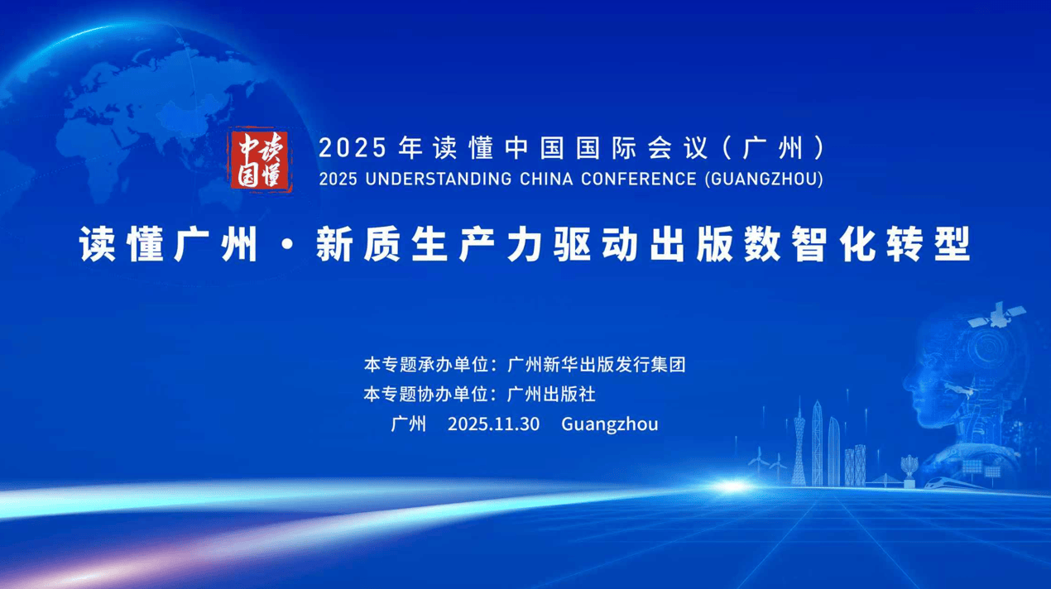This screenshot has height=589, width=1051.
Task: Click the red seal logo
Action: point(261,160)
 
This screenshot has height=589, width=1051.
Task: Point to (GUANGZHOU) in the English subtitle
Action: point(764,180)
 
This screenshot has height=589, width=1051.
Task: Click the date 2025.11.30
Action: point(493,424)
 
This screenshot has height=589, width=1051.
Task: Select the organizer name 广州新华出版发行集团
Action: point(597,364)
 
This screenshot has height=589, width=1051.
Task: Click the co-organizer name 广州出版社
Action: point(552,395)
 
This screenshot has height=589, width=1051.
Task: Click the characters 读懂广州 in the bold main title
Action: point(169,244)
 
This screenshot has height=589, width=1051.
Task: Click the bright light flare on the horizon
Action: point(732,486)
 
